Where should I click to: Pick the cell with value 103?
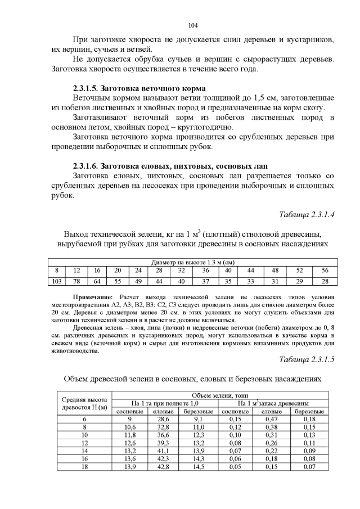coord(56,281)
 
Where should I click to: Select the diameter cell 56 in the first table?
coord(325,271)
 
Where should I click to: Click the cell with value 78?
coord(77,281)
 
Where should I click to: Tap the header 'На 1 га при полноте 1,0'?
coord(165,403)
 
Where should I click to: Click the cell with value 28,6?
coord(163,419)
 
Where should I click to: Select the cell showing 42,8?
coord(163,467)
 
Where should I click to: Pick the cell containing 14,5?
coord(198,467)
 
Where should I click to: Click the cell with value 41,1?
coord(163,451)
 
